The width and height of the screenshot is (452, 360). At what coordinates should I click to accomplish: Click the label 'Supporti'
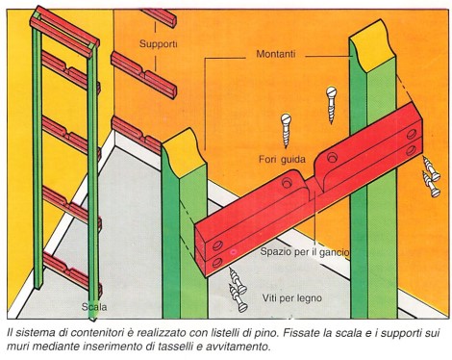click(158, 44)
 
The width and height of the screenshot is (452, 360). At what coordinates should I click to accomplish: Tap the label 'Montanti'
click(276, 54)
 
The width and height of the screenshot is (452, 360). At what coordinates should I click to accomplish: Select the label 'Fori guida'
click(282, 159)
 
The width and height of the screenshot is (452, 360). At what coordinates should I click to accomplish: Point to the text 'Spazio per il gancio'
click(305, 252)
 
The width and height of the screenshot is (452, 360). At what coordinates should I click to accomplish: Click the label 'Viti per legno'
click(292, 298)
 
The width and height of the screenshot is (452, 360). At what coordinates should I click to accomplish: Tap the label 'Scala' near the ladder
click(94, 307)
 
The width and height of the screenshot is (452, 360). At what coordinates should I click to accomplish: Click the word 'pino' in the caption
click(266, 333)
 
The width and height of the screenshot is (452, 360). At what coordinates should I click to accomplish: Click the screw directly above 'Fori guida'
click(286, 130)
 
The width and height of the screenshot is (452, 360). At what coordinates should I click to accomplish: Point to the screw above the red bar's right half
click(331, 104)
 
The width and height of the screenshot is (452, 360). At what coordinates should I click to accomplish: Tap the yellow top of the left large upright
click(185, 150)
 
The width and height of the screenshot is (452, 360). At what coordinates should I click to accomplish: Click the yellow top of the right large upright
click(373, 45)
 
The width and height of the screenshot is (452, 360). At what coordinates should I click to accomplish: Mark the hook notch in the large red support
click(313, 187)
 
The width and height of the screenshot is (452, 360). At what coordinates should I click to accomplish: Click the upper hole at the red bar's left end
click(217, 245)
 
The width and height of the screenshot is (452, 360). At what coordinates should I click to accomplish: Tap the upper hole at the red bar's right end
click(412, 134)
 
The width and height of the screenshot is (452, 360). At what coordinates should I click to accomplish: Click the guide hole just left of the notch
click(287, 183)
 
